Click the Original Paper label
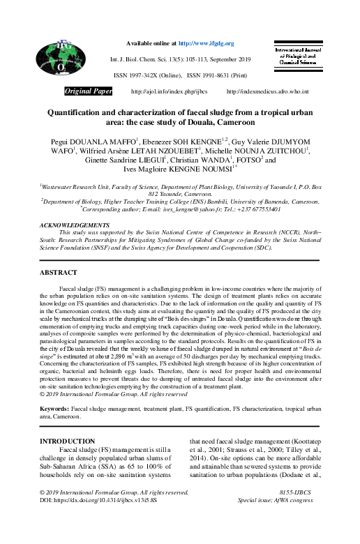click(89, 91)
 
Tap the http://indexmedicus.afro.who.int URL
click(269, 92)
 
